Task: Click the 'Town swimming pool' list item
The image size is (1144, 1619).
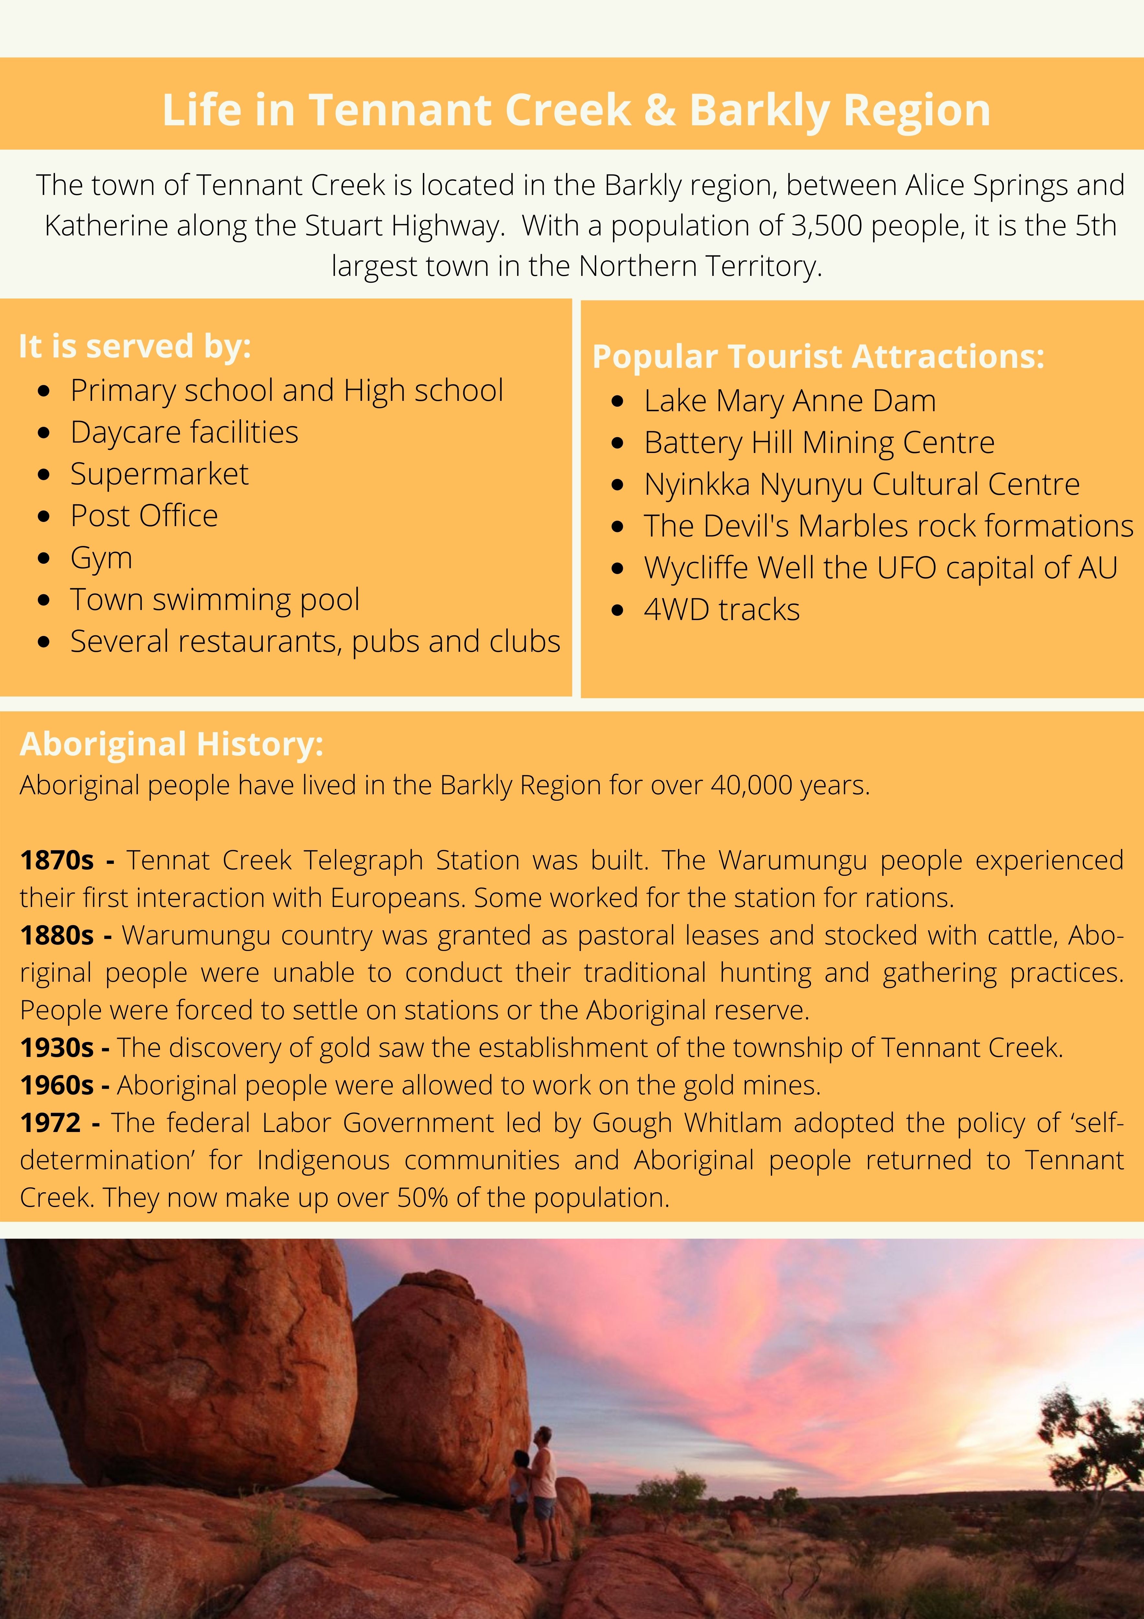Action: pos(215,600)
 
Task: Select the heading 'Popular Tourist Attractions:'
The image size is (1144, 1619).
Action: pos(818,357)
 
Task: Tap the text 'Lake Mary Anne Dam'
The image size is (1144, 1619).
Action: pos(789,401)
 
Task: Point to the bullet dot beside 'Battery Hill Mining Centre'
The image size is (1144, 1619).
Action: pos(618,444)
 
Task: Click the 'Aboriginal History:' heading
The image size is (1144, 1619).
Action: pos(171,744)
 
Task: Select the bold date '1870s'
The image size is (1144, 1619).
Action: pos(56,860)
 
